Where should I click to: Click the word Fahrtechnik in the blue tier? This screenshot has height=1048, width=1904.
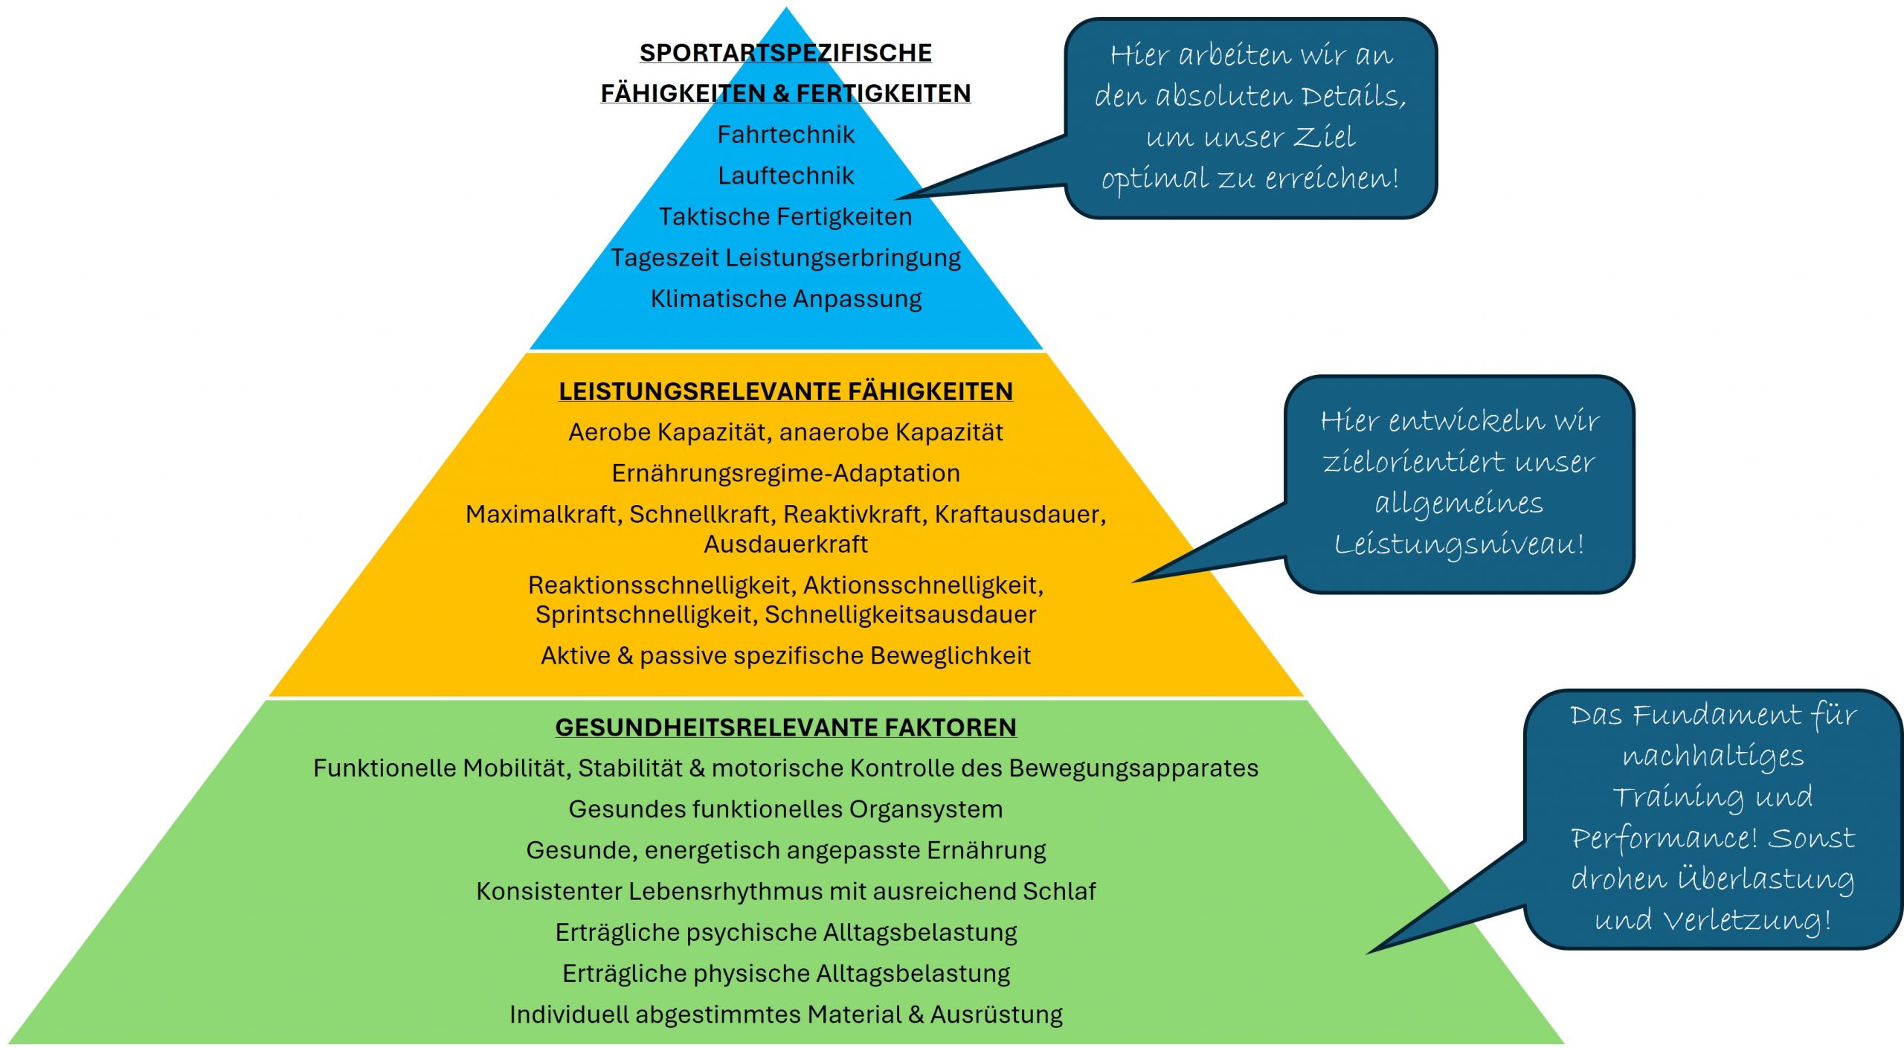pyautogui.click(x=785, y=135)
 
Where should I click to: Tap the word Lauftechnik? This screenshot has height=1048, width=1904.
pyautogui.click(x=785, y=176)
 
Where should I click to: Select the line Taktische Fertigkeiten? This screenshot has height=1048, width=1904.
pyautogui.click(x=785, y=216)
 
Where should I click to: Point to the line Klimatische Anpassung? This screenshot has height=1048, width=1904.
pyautogui.click(x=785, y=298)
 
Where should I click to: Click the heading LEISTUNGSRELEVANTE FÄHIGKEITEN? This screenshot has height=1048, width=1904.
pyautogui.click(x=785, y=391)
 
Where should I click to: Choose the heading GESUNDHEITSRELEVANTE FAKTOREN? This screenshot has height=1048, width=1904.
pyautogui.click(x=785, y=727)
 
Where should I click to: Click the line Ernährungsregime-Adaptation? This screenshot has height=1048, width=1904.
pyautogui.click(x=785, y=473)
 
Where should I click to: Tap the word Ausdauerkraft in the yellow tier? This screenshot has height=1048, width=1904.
pyautogui.click(x=785, y=544)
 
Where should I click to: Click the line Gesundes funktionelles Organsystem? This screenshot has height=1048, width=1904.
pyautogui.click(x=785, y=808)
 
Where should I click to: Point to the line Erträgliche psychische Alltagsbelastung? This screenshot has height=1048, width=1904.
pyautogui.click(x=785, y=932)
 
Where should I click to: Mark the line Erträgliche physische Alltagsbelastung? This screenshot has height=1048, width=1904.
pyautogui.click(x=785, y=973)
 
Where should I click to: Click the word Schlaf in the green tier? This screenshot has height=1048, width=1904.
pyautogui.click(x=1059, y=891)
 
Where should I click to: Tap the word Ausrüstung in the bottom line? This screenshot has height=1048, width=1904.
pyautogui.click(x=997, y=1015)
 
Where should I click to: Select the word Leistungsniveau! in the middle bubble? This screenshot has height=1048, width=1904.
pyautogui.click(x=1459, y=544)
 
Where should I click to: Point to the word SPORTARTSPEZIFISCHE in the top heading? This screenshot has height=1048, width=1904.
pyautogui.click(x=785, y=53)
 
